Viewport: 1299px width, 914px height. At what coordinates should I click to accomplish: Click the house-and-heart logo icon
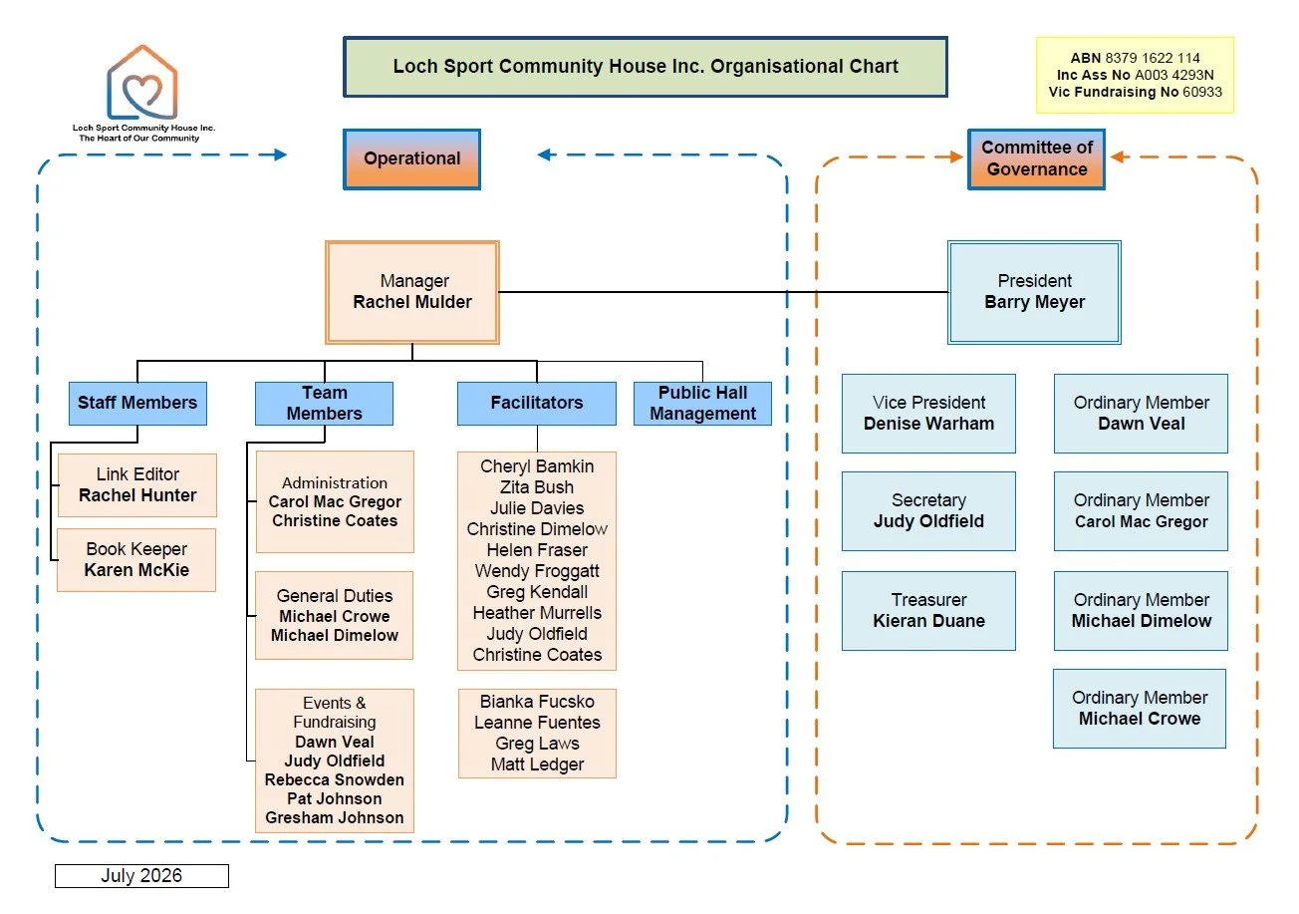(142, 83)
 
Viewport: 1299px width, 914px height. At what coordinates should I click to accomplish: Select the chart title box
(646, 67)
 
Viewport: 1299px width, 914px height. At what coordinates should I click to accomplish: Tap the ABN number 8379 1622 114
(1153, 58)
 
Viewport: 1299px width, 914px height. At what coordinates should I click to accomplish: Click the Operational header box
(411, 159)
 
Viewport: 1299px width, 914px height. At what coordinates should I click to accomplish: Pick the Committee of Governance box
(1036, 159)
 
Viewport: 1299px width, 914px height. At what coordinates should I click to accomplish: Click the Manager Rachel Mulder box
(412, 292)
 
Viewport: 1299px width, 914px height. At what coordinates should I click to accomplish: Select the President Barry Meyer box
(1035, 292)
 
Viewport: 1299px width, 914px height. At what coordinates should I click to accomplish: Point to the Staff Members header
(137, 404)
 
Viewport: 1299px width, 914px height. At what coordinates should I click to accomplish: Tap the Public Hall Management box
(702, 404)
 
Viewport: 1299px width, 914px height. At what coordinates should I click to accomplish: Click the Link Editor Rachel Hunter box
(137, 485)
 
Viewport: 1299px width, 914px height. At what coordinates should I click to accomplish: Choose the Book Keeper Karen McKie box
(136, 560)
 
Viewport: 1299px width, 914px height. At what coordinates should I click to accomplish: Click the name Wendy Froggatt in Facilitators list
(537, 571)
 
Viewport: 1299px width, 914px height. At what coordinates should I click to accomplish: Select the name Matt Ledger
(537, 764)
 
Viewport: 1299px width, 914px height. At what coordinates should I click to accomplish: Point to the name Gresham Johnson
(335, 817)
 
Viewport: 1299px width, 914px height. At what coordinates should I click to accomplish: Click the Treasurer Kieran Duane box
(928, 611)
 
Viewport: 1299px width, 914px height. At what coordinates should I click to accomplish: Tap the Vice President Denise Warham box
(928, 414)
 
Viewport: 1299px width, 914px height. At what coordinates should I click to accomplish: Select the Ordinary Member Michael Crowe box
(1140, 709)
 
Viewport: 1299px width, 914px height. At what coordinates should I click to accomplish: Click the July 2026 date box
(142, 876)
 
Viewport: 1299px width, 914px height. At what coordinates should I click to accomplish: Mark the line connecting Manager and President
(724, 292)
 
